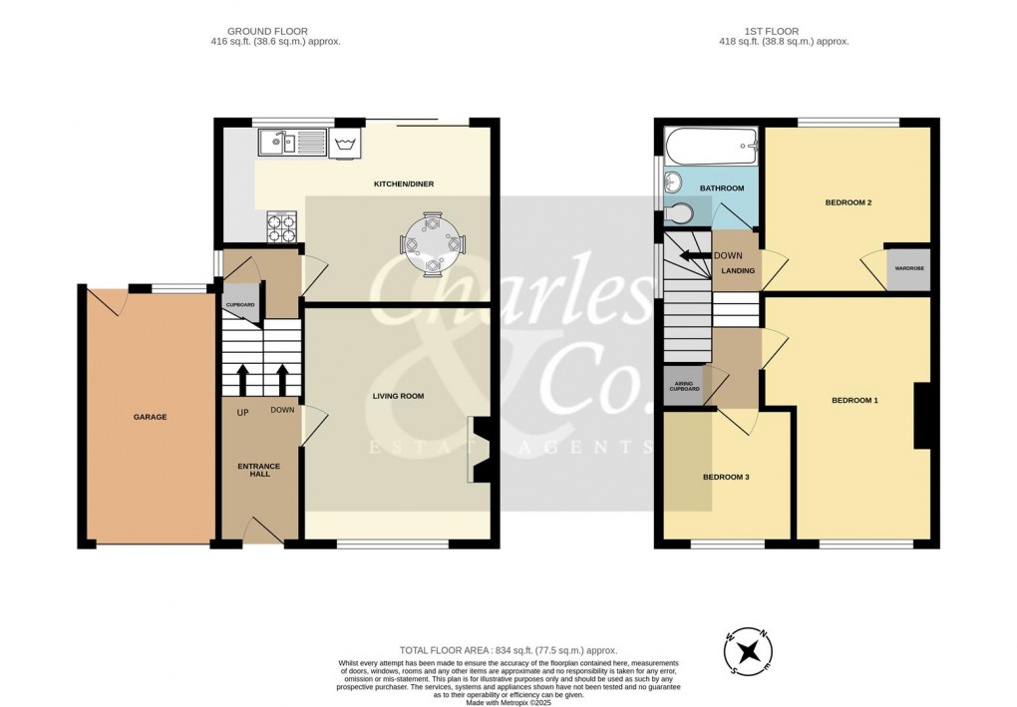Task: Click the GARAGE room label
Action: pyautogui.click(x=152, y=417)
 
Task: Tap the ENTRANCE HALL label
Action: pyautogui.click(x=259, y=470)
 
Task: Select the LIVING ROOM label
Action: pyautogui.click(x=398, y=396)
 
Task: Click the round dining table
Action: pyautogui.click(x=431, y=242)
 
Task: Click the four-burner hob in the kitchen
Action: pyautogui.click(x=281, y=228)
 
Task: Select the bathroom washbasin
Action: pyautogui.click(x=673, y=183)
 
